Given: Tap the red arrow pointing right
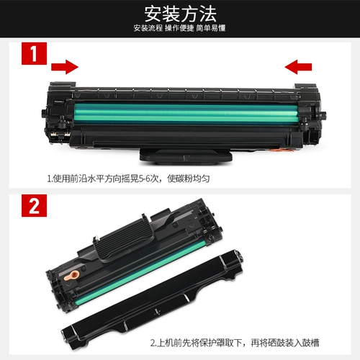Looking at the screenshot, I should click(x=65, y=68).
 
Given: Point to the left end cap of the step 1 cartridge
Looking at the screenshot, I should click(x=56, y=115).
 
